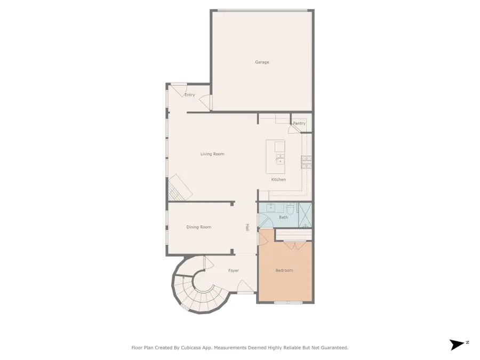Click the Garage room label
[262, 62]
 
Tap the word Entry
[189, 95]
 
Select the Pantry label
[299, 124]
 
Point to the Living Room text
[212, 154]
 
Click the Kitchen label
[278, 180]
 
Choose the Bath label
[283, 217]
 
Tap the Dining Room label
[198, 227]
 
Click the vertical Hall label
[247, 227]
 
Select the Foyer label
[234, 270]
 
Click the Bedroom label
[284, 270]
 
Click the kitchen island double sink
[280, 158]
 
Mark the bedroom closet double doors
[291, 245]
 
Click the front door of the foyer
[245, 292]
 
